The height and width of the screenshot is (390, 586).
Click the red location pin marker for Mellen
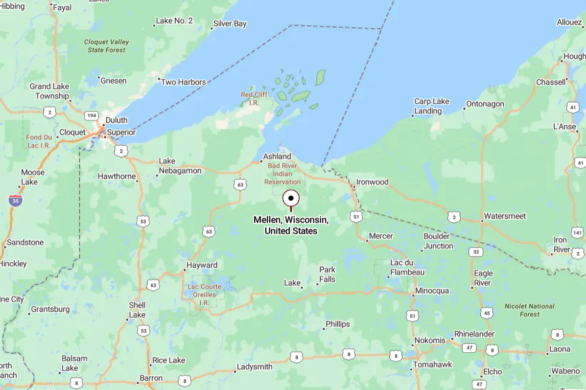(291, 199)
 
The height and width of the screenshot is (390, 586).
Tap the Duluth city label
(117, 120)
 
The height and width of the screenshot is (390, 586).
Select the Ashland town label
(277, 157)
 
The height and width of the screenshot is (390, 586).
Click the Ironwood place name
(372, 182)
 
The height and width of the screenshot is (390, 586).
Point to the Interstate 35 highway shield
(15, 200)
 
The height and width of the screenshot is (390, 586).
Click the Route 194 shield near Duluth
(91, 115)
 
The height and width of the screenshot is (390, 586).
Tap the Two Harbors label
(184, 82)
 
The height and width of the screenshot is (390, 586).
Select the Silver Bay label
(230, 23)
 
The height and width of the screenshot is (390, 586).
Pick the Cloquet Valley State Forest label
(107, 46)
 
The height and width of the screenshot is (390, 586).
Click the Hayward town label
(202, 265)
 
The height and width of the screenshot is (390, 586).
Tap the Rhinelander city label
(474, 334)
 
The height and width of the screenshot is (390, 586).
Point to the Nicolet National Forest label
(530, 310)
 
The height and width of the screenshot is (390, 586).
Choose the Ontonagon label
(485, 104)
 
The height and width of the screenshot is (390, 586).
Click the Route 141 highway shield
(577, 232)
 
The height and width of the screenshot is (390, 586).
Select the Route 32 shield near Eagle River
(475, 252)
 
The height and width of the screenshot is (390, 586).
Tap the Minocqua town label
(432, 291)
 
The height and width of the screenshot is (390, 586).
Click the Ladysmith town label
(255, 367)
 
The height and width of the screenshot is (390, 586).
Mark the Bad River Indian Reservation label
(282, 174)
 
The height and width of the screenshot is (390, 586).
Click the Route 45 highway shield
(487, 313)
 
